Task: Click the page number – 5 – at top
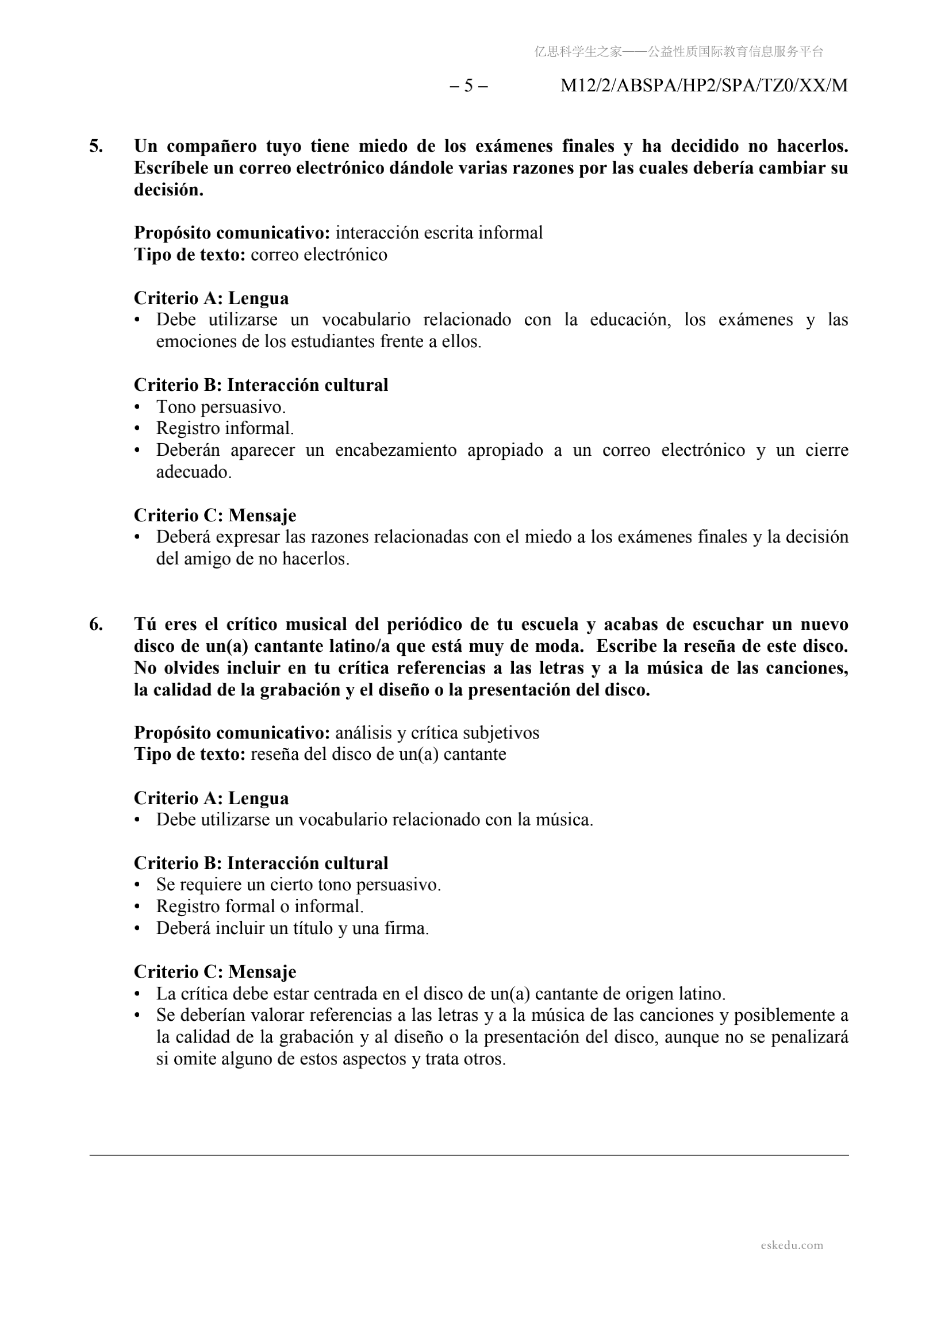(x=468, y=86)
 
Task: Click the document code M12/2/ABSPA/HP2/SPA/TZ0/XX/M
(x=704, y=86)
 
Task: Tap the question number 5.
(x=96, y=146)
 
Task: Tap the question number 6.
(x=96, y=624)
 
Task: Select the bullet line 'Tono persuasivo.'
(x=221, y=407)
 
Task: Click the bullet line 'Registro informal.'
(x=225, y=429)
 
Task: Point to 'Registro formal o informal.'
(x=259, y=907)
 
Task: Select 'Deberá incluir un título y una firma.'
(x=292, y=929)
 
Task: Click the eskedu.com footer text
(x=792, y=1245)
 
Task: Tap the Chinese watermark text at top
(x=678, y=52)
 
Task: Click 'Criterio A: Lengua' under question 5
(x=211, y=298)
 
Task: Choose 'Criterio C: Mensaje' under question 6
(x=215, y=972)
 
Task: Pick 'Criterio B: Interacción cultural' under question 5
(x=260, y=385)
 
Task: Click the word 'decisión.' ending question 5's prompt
(x=168, y=190)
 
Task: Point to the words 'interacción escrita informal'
(x=439, y=233)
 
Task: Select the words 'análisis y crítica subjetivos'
(x=437, y=733)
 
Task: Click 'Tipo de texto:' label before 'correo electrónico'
(x=190, y=255)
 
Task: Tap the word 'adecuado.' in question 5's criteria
(x=194, y=472)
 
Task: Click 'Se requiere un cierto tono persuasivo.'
(x=298, y=885)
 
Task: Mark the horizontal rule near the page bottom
(x=468, y=1155)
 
